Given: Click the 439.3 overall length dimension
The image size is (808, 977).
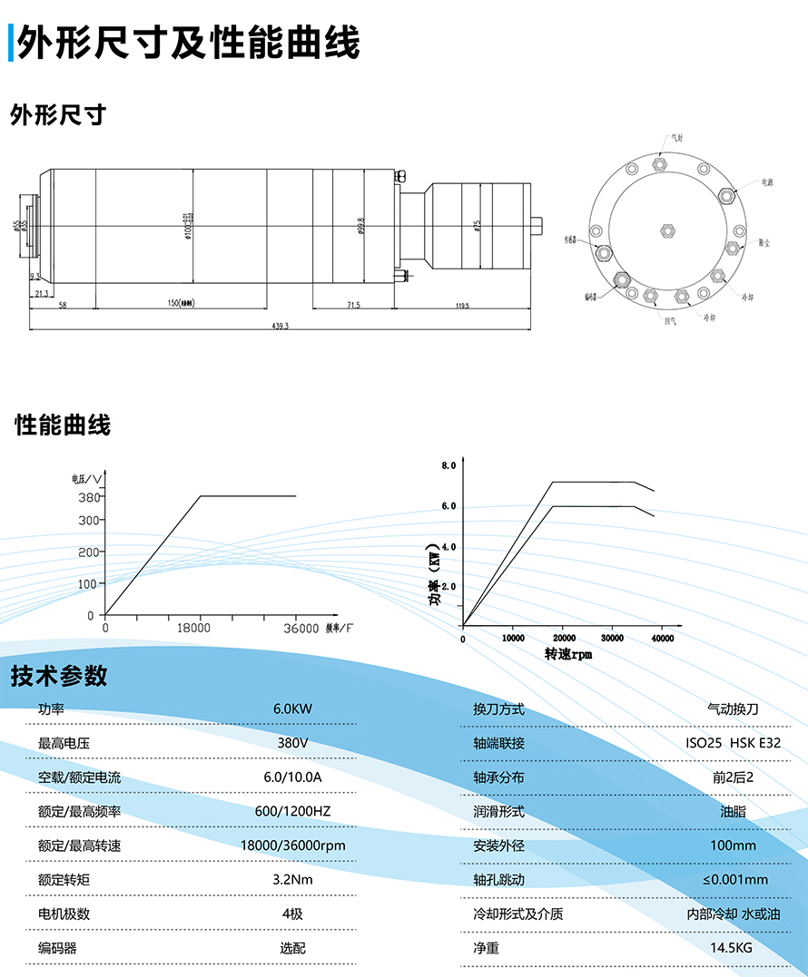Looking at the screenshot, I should click(279, 327).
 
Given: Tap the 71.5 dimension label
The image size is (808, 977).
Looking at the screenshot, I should click(352, 307).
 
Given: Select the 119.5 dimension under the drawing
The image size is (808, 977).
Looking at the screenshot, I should click(461, 307).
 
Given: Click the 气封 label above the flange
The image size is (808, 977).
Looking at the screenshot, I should click(676, 138).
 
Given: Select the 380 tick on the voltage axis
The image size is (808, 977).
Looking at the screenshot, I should click(87, 496).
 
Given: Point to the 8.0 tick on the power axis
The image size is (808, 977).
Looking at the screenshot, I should click(448, 465).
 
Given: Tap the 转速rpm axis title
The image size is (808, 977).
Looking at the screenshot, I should click(568, 653).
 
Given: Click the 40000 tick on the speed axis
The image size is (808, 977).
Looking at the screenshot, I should click(662, 639).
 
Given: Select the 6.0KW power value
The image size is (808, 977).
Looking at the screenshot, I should click(292, 708).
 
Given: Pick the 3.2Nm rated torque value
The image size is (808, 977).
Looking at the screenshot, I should click(292, 879).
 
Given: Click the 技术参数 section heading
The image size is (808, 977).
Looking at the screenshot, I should click(59, 676).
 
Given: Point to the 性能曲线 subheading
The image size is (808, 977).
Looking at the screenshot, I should click(63, 425).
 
